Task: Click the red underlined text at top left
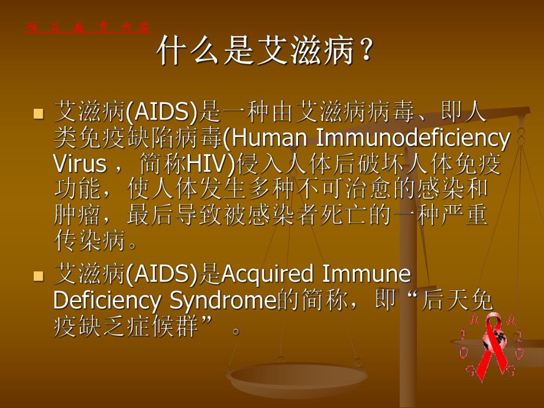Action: (x=88, y=28)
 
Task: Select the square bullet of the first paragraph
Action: (x=39, y=113)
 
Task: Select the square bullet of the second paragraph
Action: (x=39, y=276)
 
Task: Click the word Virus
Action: (x=80, y=163)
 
